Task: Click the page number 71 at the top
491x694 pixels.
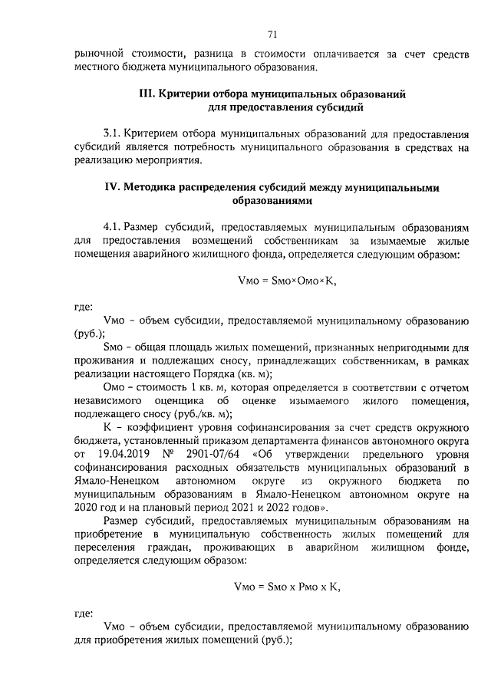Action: click(272, 33)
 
